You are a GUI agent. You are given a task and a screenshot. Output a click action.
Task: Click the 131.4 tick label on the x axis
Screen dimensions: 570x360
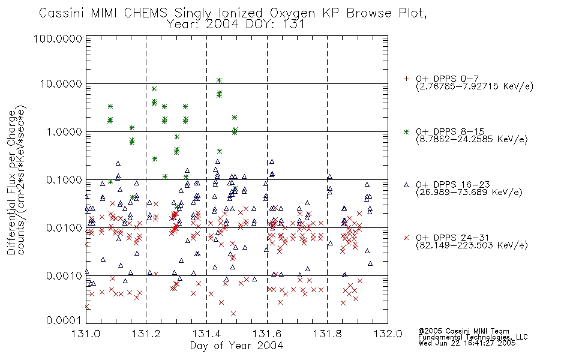[x=207, y=334]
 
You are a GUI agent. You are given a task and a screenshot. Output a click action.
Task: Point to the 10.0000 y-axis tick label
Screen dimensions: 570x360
[x=61, y=84]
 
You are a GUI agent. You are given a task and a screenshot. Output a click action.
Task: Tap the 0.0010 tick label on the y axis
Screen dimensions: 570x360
[x=64, y=276]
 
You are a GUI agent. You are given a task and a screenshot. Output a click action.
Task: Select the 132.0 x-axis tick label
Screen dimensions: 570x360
[x=388, y=334]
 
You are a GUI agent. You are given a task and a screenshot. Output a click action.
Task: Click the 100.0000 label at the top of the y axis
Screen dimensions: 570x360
[x=58, y=38]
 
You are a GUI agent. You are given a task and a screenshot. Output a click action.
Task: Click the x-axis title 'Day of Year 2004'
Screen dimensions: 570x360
[x=236, y=346]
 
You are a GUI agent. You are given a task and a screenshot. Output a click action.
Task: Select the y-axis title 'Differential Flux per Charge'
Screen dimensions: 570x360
[x=11, y=182]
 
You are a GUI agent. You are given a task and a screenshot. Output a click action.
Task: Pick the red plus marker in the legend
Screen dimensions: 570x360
[x=406, y=79]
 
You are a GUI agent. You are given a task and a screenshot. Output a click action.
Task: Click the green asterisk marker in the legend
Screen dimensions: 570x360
[x=406, y=131]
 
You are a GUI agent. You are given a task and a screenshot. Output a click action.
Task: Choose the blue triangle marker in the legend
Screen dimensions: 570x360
[x=406, y=185]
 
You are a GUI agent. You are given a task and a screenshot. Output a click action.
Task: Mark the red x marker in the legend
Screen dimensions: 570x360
[x=406, y=238]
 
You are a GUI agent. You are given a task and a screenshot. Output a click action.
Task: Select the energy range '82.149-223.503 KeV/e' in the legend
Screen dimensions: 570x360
[x=472, y=245]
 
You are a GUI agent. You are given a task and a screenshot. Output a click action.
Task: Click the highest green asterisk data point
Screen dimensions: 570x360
[x=219, y=80]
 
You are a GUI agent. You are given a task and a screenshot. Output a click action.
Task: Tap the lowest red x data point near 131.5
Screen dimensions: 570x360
[x=233, y=314]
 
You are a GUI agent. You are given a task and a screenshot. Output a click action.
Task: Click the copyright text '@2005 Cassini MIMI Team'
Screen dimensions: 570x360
[x=464, y=331]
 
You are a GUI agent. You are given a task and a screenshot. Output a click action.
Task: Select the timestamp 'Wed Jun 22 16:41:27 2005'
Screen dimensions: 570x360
[x=467, y=343]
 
